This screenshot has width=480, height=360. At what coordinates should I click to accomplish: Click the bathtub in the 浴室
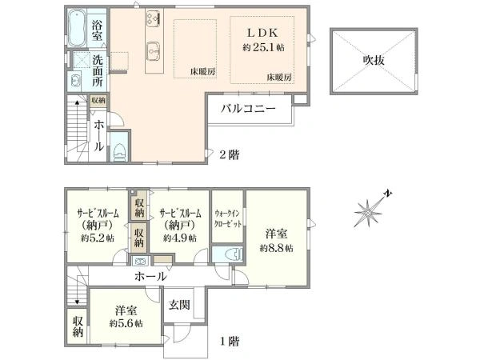[x=77, y=28]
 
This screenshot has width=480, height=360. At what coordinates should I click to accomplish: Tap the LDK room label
[x=262, y=33]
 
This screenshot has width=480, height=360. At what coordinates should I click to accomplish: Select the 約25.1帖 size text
[x=263, y=47]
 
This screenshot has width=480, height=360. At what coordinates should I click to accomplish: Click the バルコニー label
[x=248, y=109]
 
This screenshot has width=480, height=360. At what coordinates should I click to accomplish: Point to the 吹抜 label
[x=374, y=60]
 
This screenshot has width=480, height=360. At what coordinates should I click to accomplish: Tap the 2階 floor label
[x=230, y=154]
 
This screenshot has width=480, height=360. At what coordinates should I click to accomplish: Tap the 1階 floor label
[x=230, y=342]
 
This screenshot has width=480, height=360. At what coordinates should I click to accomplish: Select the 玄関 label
[x=179, y=305]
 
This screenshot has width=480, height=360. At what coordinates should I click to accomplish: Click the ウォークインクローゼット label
[x=227, y=218]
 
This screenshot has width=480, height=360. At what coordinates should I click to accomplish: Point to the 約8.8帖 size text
[x=277, y=248]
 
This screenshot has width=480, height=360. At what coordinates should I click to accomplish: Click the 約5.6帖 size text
[x=126, y=323]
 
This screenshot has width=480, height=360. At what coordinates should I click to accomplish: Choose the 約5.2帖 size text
[x=98, y=238]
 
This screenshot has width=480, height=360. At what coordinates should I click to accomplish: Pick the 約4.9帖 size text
[x=180, y=238]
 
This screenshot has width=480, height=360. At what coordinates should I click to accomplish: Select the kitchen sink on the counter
[x=154, y=49]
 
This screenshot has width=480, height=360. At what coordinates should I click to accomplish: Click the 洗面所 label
[x=98, y=70]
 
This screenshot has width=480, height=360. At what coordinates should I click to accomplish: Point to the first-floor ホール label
[x=150, y=277]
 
